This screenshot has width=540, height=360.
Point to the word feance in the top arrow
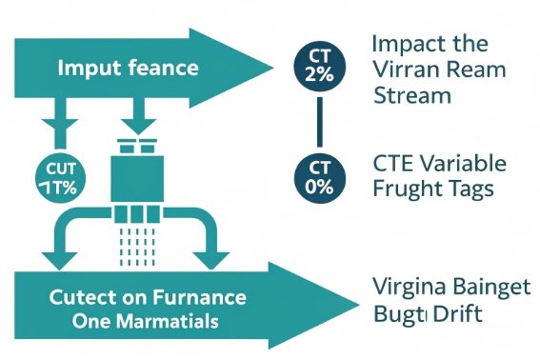165,69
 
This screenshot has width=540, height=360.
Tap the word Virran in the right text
400,70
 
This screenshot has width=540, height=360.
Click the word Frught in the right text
402,189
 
